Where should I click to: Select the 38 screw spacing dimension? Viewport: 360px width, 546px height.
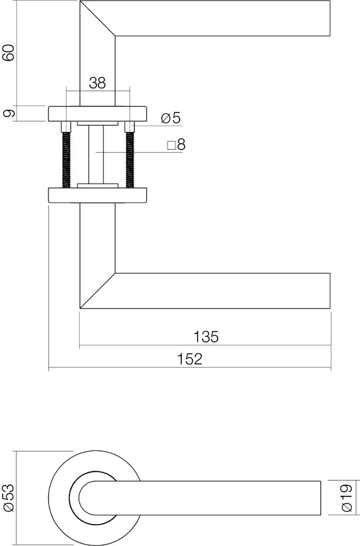[97, 83]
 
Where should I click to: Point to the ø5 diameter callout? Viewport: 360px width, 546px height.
[170, 118]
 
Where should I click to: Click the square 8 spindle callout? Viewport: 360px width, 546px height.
[176, 145]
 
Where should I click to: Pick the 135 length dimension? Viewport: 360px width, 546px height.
[205, 336]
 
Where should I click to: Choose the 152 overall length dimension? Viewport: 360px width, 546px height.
[190, 359]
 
